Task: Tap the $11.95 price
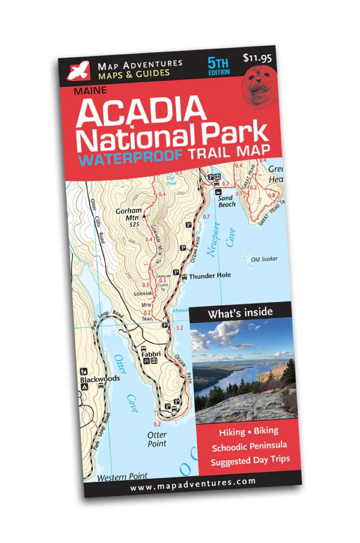[x=257, y=58]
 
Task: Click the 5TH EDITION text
[x=219, y=66]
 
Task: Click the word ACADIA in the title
[x=140, y=111]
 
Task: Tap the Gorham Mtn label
[x=129, y=214]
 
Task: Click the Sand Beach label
[x=226, y=201]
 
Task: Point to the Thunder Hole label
[x=209, y=276]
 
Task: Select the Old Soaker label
[x=264, y=259]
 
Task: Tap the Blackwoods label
[x=100, y=379]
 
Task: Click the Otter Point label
[x=157, y=439]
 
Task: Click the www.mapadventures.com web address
[x=193, y=482]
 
